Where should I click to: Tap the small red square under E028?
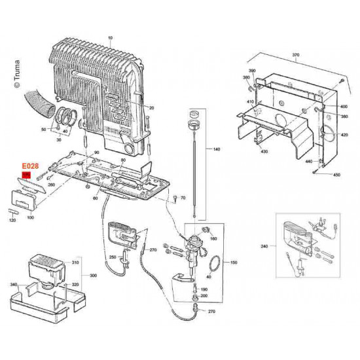pos(26,175)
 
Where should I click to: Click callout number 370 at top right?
pos(295,55)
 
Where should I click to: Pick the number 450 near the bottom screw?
pos(337,175)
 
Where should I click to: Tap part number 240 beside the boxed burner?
pos(264,246)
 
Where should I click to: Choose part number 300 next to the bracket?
pos(94,276)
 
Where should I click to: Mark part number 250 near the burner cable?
pos(113,257)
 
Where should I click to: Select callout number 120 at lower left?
pos(12,221)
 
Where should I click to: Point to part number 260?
pos(52,185)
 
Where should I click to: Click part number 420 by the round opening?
pos(344,135)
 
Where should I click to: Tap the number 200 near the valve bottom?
pos(204,296)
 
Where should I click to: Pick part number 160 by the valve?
pos(213,239)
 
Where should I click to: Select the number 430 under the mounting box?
pos(264,152)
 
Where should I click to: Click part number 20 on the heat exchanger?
pos(151,107)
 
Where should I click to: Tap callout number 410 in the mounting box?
pos(250,102)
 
